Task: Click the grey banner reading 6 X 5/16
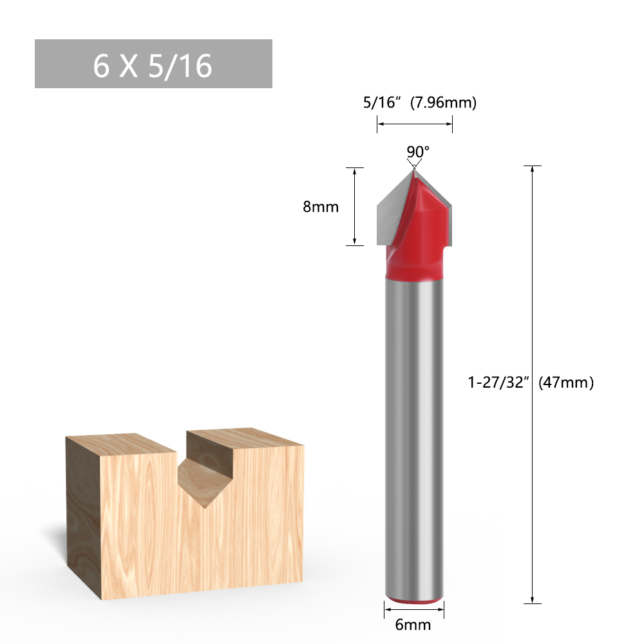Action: [x=153, y=64]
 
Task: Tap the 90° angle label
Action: [x=417, y=151]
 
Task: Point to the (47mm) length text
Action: [x=565, y=382]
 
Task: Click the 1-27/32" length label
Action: [x=498, y=382]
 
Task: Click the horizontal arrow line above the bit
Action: [x=415, y=124]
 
